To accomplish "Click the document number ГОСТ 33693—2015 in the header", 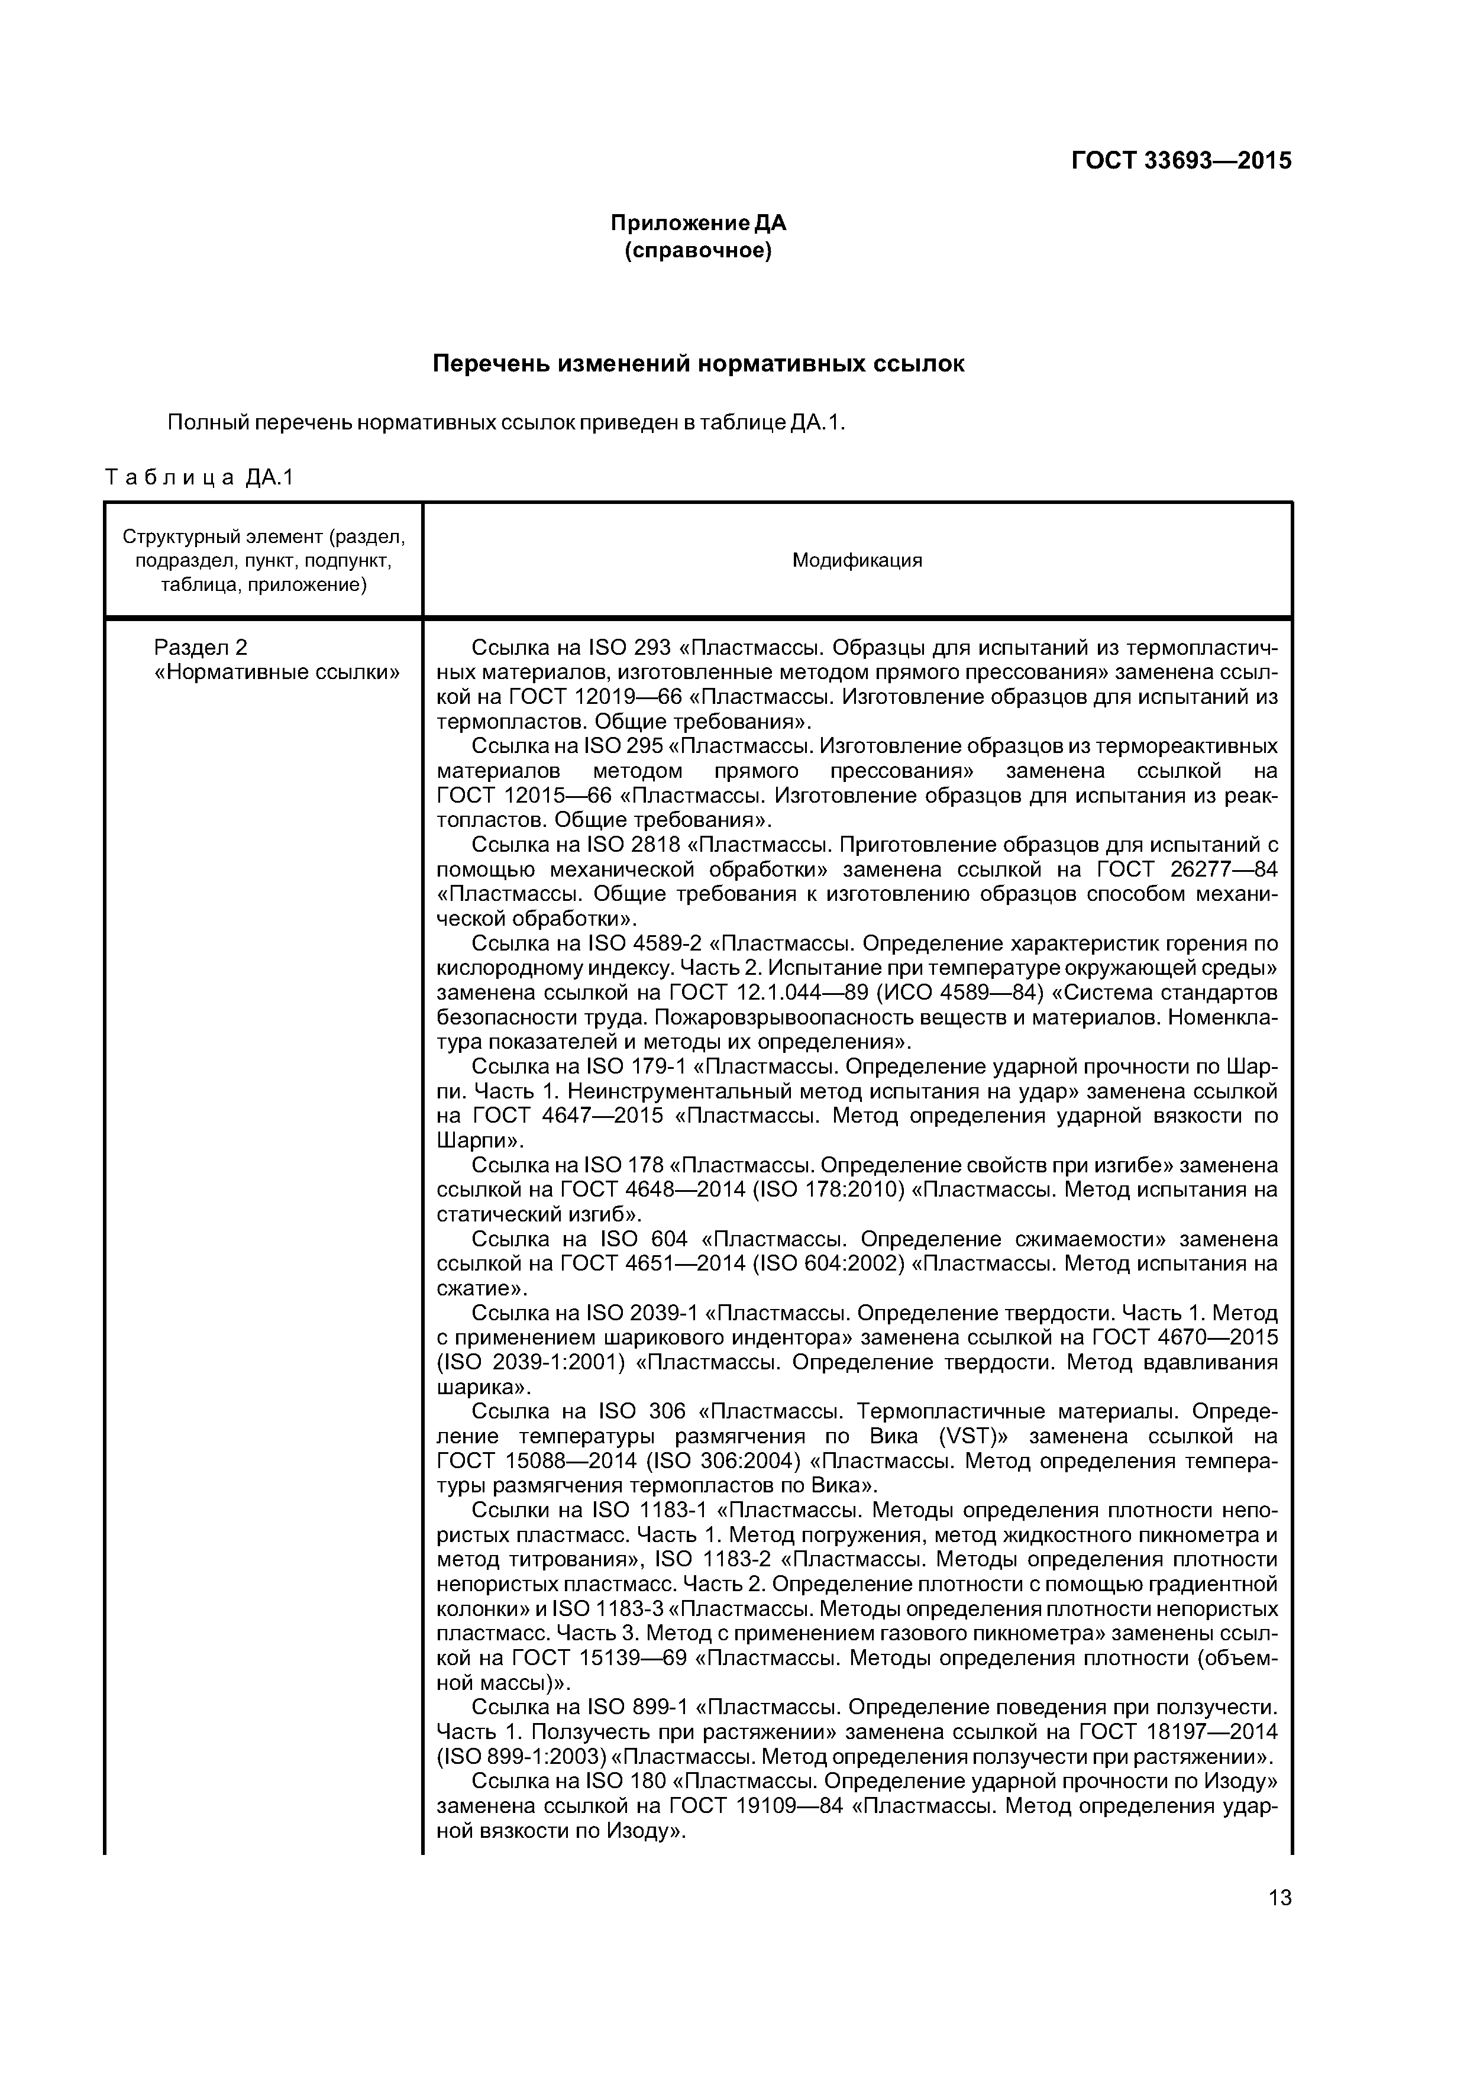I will click(1181, 161).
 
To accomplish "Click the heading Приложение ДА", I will click(698, 223).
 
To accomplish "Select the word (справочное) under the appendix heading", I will click(698, 250).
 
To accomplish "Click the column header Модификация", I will click(857, 560).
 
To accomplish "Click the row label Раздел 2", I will click(201, 647).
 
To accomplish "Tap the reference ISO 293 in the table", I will click(629, 648).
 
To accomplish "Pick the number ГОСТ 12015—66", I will click(524, 796).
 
